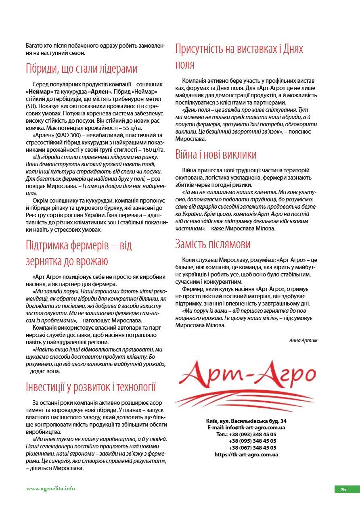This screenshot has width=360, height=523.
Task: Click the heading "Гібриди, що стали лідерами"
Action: coord(82,69)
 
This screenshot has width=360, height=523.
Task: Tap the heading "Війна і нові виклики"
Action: coord(216,155)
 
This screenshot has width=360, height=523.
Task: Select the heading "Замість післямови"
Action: coord(213,244)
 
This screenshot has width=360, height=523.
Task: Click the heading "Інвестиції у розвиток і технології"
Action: coord(91,387)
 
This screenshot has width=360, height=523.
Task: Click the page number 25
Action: coord(343,490)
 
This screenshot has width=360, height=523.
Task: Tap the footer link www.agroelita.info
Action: coord(51,489)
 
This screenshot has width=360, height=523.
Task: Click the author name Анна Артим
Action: coord(303,340)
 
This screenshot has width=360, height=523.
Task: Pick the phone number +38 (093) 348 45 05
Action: coord(253,434)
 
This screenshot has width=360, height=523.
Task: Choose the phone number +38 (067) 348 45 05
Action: coord(253,448)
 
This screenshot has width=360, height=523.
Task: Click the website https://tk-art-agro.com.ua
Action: coord(246,454)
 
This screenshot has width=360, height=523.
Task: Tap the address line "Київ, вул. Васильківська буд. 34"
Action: coord(246,421)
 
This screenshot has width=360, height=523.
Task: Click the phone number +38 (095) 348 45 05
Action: coord(253,441)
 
